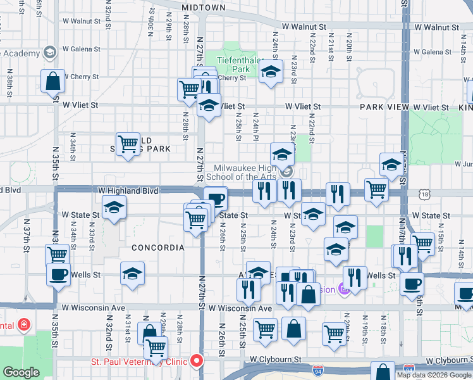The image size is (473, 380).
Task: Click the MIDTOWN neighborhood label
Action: pos(203,8)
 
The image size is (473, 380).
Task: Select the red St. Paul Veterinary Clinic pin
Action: pos(197,360)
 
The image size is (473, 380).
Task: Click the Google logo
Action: pos(21,372)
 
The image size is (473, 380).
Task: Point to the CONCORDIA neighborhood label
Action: pos(158,248)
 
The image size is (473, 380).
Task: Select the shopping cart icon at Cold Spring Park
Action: pos(128,144)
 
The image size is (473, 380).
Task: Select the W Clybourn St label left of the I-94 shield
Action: pos(275,358)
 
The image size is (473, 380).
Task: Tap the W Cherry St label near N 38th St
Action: pos(81,76)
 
